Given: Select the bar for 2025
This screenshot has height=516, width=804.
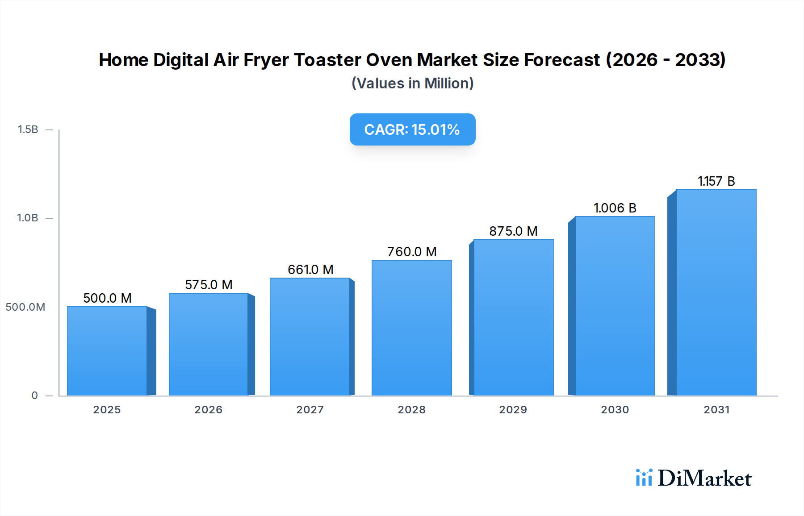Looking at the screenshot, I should point(107,351).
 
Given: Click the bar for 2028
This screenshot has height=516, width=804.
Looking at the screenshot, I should point(411,328).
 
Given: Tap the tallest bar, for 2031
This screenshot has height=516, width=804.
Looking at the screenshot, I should point(716,292).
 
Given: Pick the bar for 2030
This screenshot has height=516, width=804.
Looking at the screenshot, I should point(615,306).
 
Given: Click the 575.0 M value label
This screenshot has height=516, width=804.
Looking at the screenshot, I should point(209,285).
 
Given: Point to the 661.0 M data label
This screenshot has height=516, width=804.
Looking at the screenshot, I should point(310,270).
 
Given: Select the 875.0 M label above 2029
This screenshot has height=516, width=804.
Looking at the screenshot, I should point(513,231).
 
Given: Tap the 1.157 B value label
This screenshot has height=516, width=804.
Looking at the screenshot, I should point(716,181).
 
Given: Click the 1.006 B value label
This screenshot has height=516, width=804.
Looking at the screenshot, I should point(615,208).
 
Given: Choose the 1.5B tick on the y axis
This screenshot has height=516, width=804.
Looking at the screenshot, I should point(28,129).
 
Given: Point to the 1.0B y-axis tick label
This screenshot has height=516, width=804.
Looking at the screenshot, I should point(28,218).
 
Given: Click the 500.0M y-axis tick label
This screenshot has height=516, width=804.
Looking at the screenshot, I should point(25,307).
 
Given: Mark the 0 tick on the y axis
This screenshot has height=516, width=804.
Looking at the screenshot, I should point(34,395).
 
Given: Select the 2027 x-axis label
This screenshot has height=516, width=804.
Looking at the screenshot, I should point(310,410).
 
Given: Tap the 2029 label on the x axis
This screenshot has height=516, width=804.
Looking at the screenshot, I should point(513,410).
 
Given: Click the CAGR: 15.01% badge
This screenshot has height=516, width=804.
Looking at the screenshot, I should point(412,129).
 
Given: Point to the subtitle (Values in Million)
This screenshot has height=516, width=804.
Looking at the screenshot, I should point(412,83).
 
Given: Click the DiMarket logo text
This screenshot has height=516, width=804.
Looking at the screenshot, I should point(704,479).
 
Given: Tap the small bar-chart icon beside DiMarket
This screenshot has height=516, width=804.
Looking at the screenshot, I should point(644,478).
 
